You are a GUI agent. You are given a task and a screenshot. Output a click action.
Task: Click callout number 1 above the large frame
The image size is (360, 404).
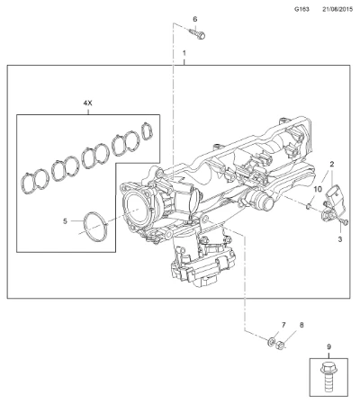[184, 53]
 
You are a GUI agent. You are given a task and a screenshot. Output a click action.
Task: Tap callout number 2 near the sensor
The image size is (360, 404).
[332, 164]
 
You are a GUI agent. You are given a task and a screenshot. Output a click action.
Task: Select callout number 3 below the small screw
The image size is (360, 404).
[340, 239]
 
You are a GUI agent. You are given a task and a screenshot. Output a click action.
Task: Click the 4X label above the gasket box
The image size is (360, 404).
[87, 103]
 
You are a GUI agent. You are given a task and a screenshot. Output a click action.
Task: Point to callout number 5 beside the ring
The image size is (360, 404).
[65, 221]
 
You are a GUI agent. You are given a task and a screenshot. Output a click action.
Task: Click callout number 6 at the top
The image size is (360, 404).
[195, 19]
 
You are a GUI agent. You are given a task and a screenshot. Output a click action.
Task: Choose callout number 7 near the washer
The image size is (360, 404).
[283, 325]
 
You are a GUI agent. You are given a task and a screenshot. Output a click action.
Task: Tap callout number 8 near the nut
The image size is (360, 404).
[301, 325]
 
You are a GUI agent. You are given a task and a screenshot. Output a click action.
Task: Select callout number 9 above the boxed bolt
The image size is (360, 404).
[328, 347]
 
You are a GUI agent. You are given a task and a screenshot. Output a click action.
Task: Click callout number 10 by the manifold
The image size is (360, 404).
[318, 189]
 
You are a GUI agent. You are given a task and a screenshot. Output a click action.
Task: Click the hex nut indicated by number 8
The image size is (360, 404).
[280, 345]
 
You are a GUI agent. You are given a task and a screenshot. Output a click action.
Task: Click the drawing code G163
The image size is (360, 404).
[301, 9]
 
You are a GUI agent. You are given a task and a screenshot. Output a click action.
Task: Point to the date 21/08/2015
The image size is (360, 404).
[337, 9]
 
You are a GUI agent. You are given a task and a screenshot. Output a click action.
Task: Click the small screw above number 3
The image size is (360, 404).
[344, 221]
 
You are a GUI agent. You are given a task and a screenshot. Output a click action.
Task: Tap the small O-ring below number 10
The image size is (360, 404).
[308, 206]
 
